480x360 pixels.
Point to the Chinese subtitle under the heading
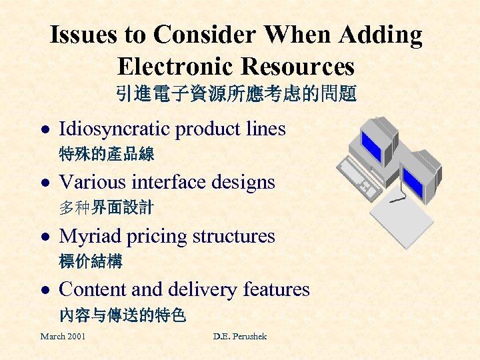(237, 93)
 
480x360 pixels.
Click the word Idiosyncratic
(115, 129)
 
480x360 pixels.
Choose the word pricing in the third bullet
(153, 237)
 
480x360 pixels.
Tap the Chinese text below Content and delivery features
(122, 314)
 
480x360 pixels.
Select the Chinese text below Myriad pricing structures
(91, 261)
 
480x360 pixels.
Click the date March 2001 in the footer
(63, 337)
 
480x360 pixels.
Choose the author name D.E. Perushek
(240, 337)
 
